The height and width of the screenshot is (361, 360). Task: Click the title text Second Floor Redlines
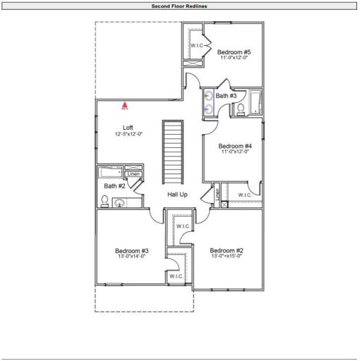pos(179,6)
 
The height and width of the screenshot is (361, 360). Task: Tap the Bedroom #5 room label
pos(234,52)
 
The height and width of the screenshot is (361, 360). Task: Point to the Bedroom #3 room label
pos(132,250)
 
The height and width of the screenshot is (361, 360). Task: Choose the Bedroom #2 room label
pos(227,250)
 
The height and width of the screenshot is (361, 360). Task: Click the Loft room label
pos(128,128)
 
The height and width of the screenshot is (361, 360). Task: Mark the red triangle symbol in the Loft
pos(124,106)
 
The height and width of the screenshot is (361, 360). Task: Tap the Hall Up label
pos(177,194)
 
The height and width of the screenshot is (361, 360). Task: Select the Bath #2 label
pos(115,186)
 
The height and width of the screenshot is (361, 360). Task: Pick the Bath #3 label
pos(226,96)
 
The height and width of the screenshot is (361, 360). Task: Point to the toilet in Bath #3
pos(240,109)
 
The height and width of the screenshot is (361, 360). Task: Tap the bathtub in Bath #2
pos(111,171)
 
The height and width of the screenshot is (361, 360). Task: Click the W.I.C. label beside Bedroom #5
pos(197,46)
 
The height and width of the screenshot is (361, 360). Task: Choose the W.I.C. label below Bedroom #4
pos(245,195)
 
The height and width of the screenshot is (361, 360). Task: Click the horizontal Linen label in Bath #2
pos(133,174)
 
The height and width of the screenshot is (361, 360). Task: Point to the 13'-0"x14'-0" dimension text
pos(132,257)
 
